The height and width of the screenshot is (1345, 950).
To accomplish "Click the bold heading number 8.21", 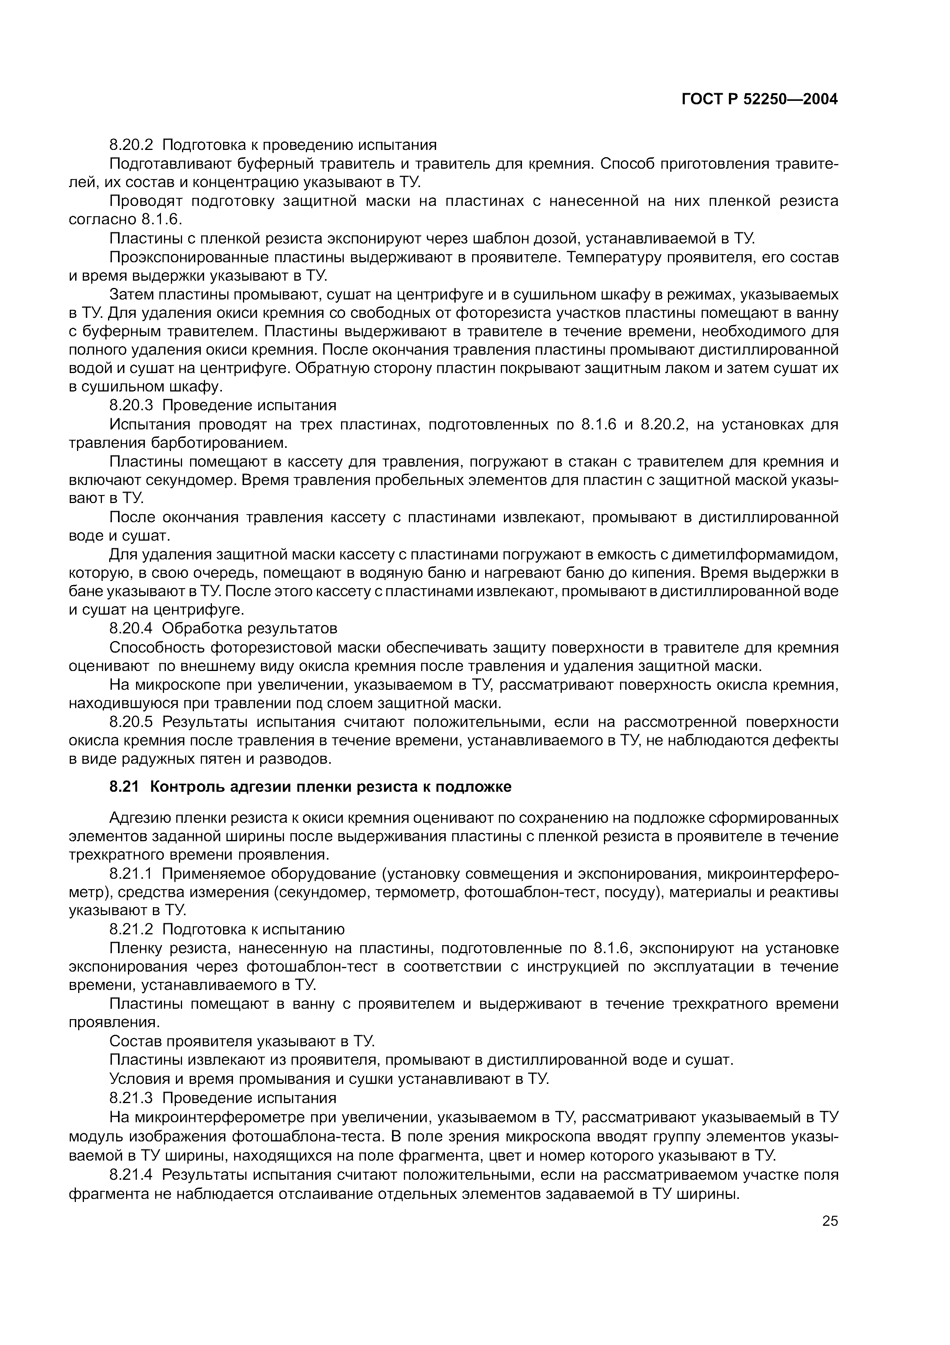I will pyautogui.click(x=125, y=787).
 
